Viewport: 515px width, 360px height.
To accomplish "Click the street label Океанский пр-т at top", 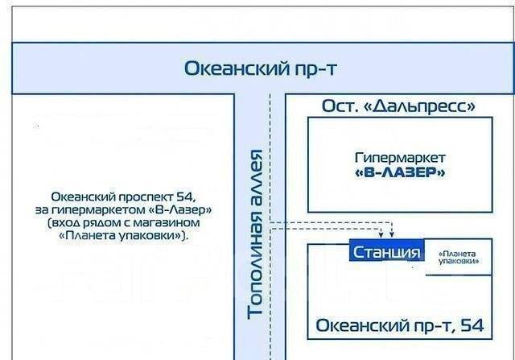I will click(x=260, y=68).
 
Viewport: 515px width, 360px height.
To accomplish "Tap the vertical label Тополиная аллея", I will click(x=257, y=234).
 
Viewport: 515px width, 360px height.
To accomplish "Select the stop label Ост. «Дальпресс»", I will click(x=398, y=106).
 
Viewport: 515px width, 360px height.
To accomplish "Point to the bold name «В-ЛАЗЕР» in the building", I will click(x=400, y=172).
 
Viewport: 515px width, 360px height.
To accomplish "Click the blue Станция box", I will click(x=386, y=252).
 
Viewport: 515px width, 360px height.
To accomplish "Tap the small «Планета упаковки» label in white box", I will click(x=459, y=257).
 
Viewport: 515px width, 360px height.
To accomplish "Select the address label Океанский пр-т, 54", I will click(x=400, y=325).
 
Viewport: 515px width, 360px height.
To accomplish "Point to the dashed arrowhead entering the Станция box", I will click(x=392, y=235).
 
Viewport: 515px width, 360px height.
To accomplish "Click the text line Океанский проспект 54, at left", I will click(x=124, y=196).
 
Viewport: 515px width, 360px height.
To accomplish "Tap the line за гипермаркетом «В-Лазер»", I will click(x=124, y=209).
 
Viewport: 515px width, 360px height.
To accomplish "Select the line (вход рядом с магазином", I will click(x=124, y=222).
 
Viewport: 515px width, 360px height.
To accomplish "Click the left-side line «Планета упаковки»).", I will click(x=124, y=236).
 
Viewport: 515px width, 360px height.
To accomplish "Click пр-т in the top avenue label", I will click(x=315, y=68).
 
